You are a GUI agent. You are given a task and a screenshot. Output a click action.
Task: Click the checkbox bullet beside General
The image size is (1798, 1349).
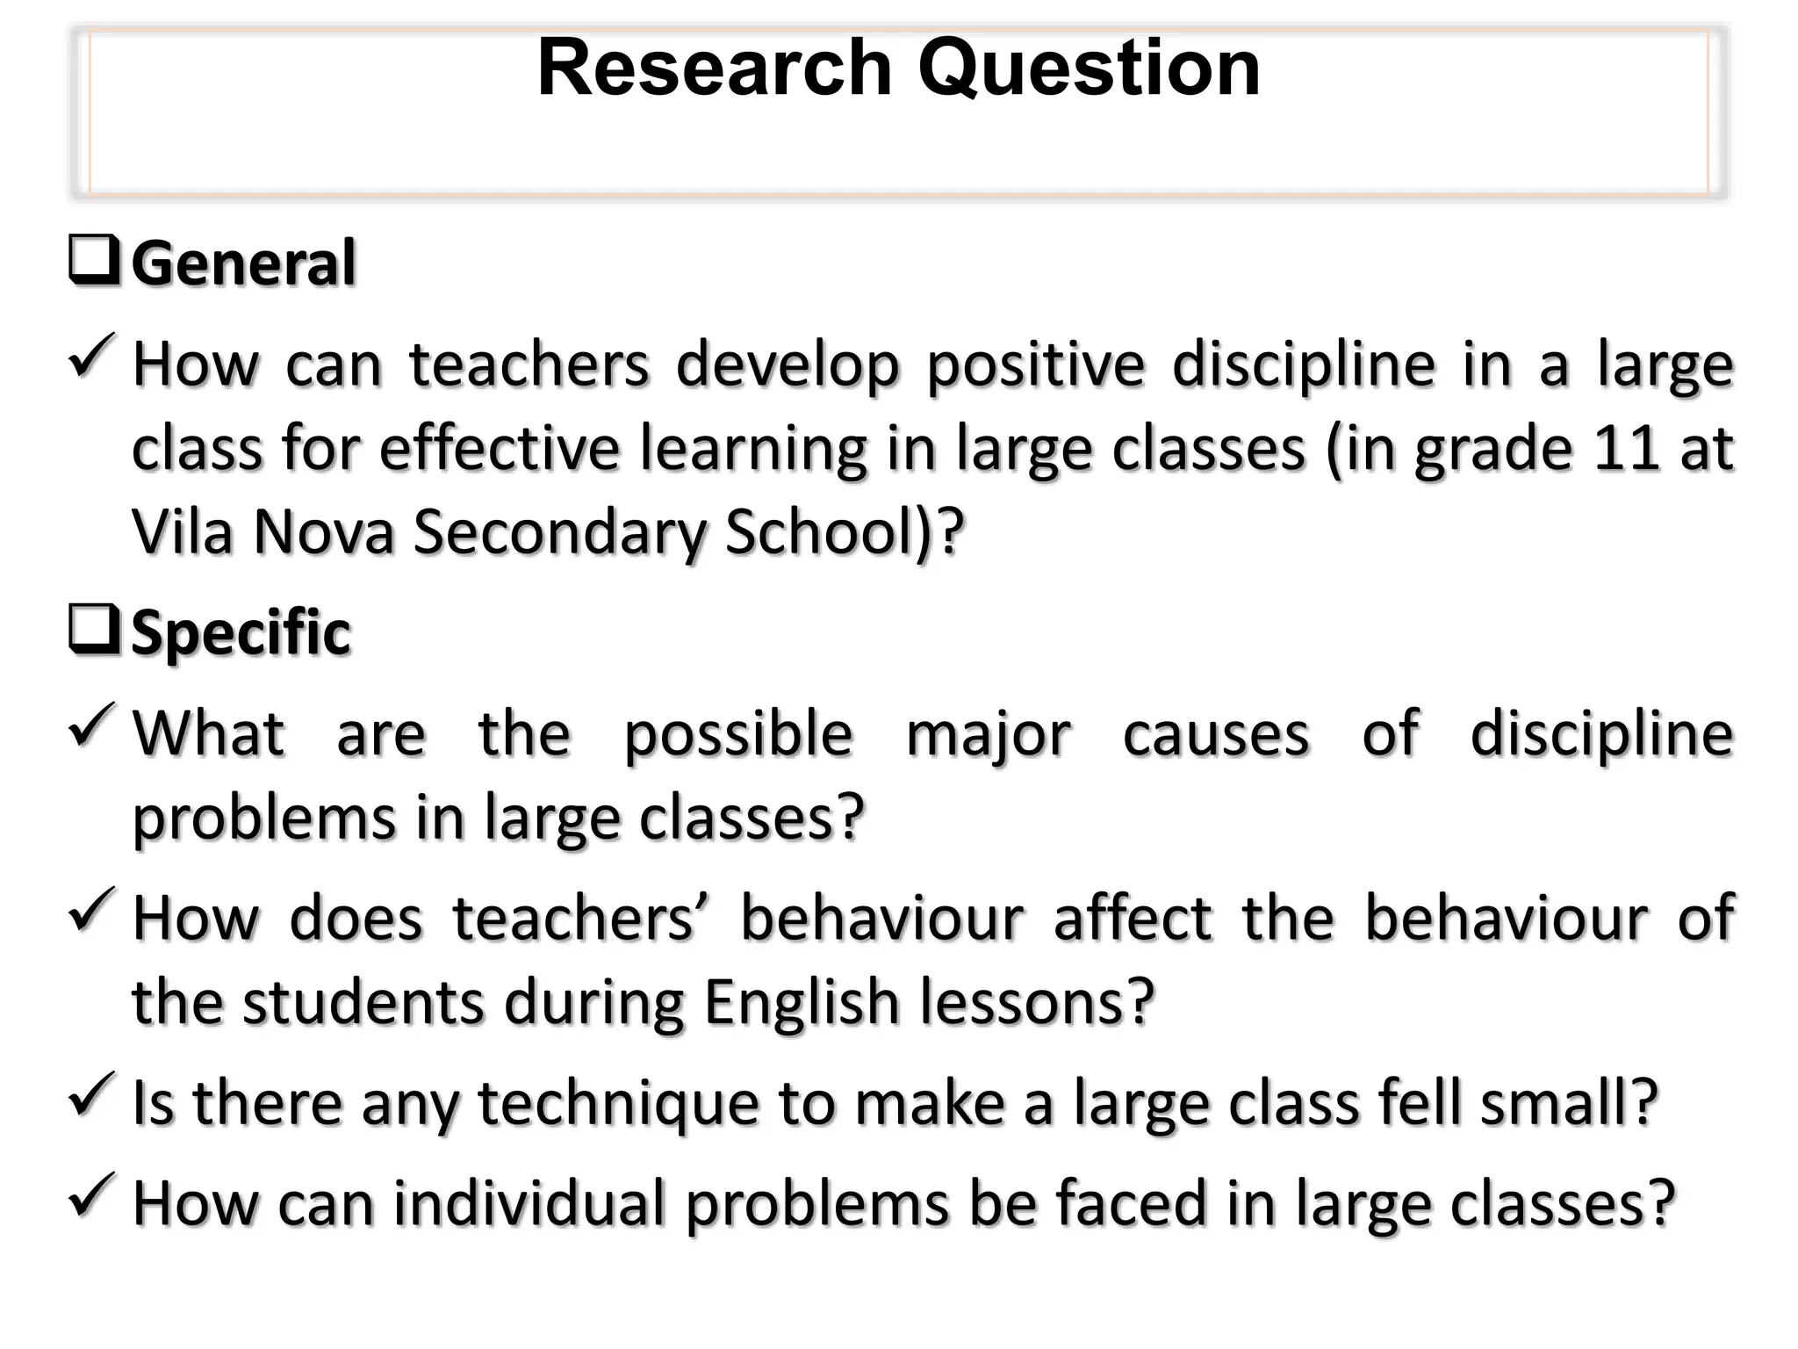(x=94, y=262)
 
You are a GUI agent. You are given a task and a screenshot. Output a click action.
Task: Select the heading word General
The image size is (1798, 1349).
(x=244, y=263)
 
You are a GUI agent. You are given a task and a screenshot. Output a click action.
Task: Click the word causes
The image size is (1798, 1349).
(x=1216, y=734)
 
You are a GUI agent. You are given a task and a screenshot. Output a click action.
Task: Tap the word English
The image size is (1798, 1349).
(x=802, y=1003)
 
